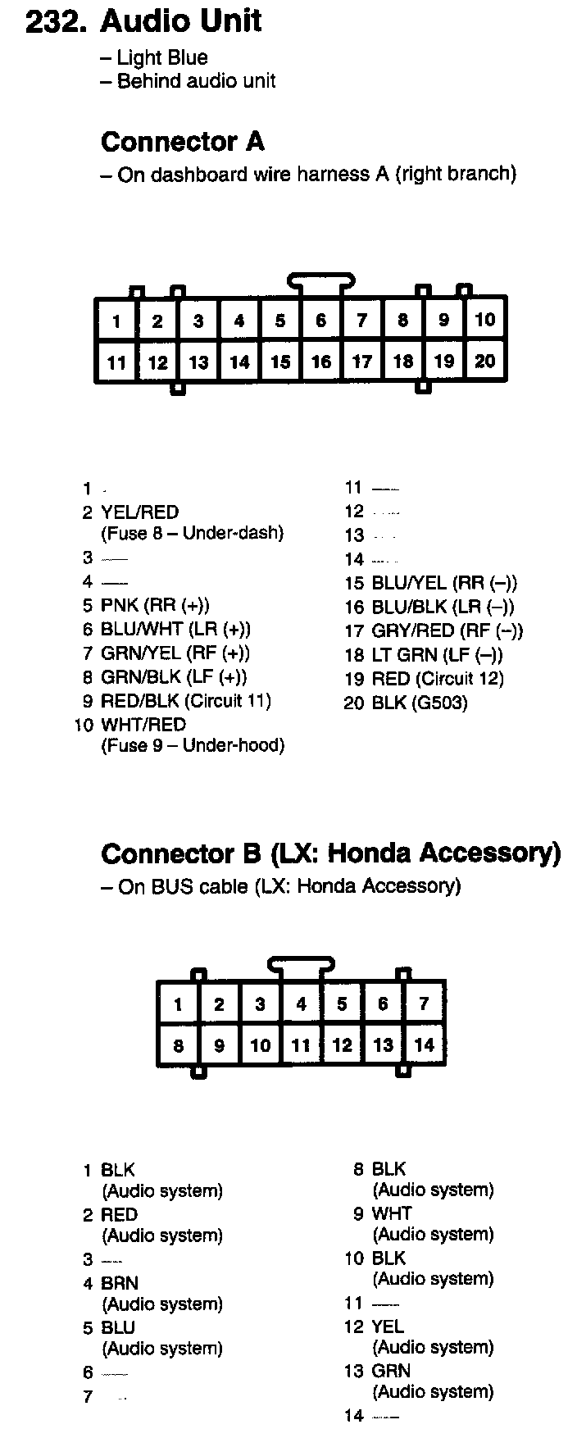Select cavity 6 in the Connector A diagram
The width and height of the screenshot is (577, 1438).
point(321,321)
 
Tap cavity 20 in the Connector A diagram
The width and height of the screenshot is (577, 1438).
point(485,361)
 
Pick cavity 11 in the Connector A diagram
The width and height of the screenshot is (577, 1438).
point(116,362)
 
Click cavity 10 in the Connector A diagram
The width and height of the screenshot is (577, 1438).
point(485,319)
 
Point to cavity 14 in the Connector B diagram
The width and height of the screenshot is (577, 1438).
point(425,1045)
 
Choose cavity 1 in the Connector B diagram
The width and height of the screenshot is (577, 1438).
point(179,1004)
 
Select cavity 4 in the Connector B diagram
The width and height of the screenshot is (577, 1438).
point(302,1004)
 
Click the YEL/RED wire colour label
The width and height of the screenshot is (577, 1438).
point(139,512)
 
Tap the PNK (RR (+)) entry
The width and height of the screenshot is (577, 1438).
point(155,606)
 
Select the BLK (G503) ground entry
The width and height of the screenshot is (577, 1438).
point(420,703)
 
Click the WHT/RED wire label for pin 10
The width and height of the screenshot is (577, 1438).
point(143,725)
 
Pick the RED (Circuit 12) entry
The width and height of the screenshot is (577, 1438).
point(438,679)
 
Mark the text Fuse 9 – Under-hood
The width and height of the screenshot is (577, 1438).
point(193,746)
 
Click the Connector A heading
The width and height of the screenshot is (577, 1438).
point(183,142)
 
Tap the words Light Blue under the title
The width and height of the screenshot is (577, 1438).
point(162,57)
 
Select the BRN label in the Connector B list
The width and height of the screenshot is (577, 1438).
point(120,1283)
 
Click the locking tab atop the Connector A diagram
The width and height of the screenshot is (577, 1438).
point(321,282)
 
